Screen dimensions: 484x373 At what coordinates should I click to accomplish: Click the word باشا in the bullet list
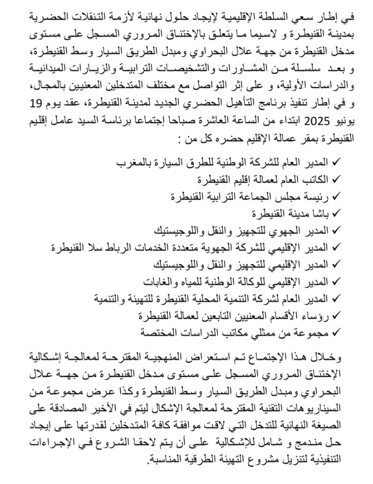point(321,213)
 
